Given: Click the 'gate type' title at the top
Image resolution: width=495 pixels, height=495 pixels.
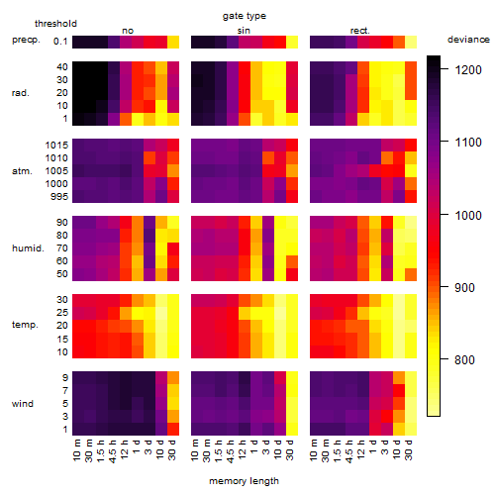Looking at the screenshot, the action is [245, 16].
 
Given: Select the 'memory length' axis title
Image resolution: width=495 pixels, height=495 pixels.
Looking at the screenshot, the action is [244, 481].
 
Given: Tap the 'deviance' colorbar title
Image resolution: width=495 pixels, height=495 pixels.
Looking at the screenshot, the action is [468, 40].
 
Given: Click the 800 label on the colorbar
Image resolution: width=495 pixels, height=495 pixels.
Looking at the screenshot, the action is [464, 359].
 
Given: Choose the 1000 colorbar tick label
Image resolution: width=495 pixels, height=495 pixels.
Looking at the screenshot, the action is [468, 215].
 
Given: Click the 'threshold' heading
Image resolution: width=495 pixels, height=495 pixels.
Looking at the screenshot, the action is [55, 24].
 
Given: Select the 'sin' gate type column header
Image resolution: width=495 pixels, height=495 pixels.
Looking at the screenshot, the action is [244, 31].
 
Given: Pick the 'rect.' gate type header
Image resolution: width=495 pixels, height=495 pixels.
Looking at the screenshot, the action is [359, 31].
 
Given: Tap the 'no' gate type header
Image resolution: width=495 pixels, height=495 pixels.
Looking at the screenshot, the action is [128, 31].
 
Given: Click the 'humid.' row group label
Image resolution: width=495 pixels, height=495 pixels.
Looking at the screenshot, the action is [28, 248].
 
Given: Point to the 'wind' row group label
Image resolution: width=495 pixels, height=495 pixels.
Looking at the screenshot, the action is [23, 404].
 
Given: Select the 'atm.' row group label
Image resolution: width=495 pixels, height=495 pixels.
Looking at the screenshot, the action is [22, 171].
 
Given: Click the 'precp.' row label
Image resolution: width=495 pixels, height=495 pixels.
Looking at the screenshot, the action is [26, 40].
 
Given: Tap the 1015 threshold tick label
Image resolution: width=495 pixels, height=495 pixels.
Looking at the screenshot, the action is [56, 146].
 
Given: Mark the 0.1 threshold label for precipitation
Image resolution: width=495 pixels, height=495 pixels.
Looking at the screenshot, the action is [60, 42].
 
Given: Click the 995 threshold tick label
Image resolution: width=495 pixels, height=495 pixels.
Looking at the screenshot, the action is [59, 197].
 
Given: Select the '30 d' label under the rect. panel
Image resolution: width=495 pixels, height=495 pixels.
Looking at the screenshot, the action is [409, 449].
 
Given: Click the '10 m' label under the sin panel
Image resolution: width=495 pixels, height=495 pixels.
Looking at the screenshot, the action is [195, 449].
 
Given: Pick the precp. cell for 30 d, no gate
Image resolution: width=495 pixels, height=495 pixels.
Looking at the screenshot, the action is [173, 43].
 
